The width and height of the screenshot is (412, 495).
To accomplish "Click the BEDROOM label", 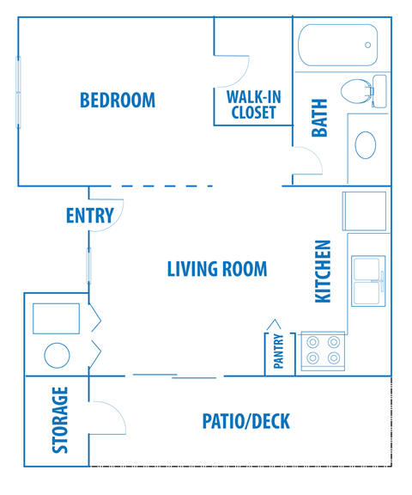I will [x=118, y=100].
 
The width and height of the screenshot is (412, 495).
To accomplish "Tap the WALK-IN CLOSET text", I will [x=253, y=104].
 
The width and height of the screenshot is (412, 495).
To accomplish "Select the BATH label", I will [x=319, y=119].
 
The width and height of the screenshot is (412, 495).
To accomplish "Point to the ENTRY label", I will [x=89, y=216].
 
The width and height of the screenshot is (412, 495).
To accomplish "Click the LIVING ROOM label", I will [x=216, y=269].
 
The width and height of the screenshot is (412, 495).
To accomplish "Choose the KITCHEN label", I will [x=323, y=271].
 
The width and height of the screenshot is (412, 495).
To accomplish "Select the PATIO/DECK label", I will [x=245, y=422].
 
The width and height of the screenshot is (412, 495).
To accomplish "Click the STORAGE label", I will [x=60, y=420].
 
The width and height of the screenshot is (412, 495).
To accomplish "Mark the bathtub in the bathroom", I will [x=338, y=45].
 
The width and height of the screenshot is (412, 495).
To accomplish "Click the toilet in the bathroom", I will [x=358, y=90].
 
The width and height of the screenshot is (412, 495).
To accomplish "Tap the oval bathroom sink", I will [x=367, y=144].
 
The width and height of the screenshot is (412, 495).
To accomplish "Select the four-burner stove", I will [x=322, y=351].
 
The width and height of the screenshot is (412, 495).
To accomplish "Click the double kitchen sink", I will [x=369, y=280].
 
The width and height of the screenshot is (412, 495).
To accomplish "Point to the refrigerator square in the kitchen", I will [x=367, y=211].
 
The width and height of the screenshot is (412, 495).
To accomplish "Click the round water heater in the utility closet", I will [x=58, y=356].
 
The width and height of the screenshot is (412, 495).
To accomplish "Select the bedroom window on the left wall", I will [x=17, y=92].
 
